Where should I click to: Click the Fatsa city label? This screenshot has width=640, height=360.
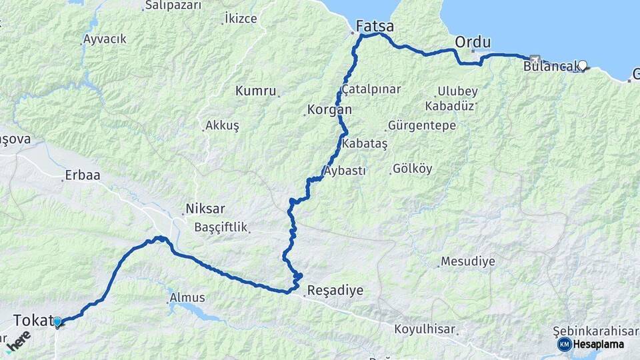(375, 27)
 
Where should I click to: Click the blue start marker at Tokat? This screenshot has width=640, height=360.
(57, 323)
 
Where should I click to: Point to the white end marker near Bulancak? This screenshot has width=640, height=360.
(583, 65)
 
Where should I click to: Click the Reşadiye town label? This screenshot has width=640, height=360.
(335, 291)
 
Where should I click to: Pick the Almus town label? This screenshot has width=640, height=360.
(187, 297)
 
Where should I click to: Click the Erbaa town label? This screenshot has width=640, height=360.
(81, 177)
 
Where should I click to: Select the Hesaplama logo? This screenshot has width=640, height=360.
(591, 344)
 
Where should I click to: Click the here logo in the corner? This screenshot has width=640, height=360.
(18, 342)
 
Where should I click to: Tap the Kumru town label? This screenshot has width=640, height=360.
(255, 91)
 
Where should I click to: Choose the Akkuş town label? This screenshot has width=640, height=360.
(222, 125)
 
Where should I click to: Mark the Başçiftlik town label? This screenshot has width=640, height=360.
(221, 227)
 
